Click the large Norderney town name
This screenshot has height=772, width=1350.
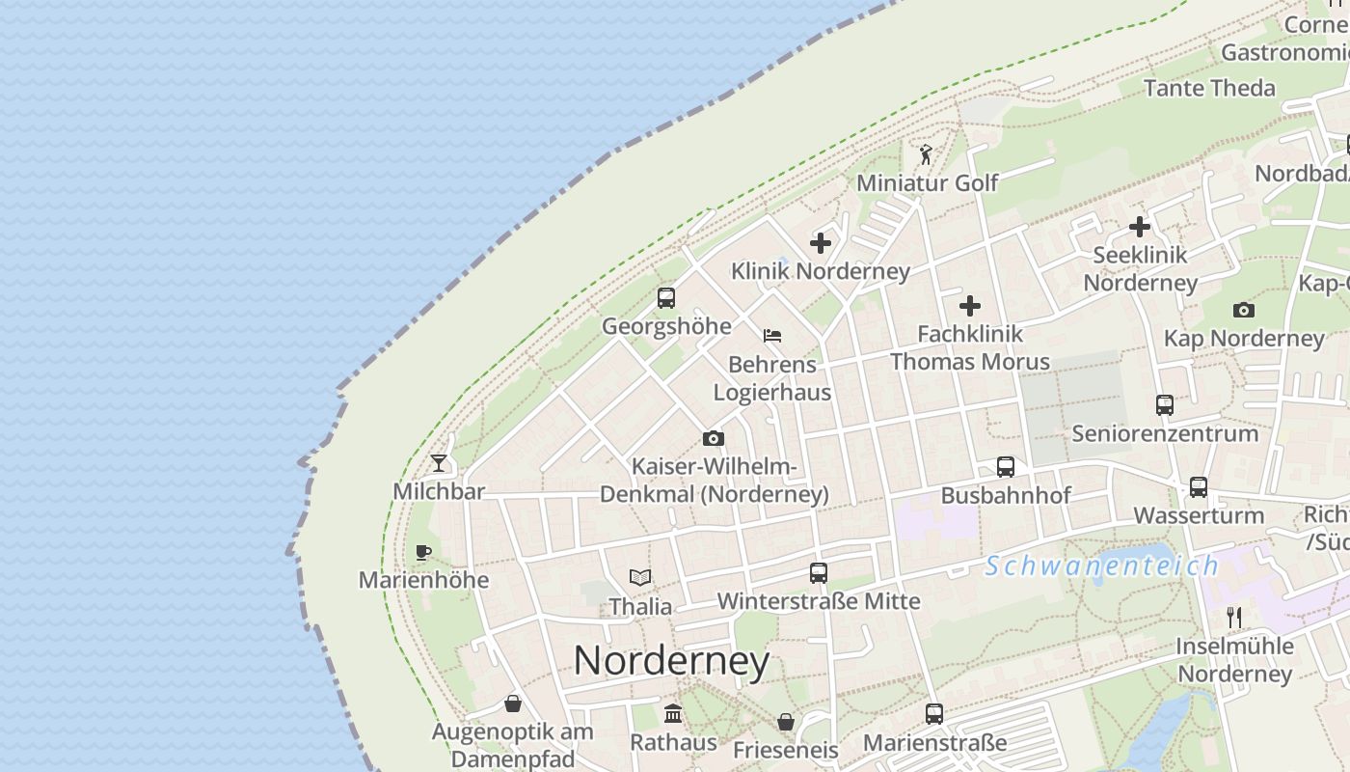coord(671,661)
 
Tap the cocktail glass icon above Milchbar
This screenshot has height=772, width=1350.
coord(439,463)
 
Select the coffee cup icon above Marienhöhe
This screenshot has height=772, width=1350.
coord(422,552)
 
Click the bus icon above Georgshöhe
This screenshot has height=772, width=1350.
coord(666,298)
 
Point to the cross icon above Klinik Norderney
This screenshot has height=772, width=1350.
coord(821,243)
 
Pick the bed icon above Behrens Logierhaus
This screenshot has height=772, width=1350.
coord(771,336)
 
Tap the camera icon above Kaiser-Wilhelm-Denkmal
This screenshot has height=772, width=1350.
coord(714,439)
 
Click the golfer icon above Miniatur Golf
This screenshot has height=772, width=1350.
coord(926,154)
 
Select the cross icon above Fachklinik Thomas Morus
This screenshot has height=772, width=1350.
coord(970,306)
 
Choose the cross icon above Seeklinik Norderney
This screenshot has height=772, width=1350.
coord(1140,227)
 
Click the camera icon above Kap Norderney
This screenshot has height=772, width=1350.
coord(1244,310)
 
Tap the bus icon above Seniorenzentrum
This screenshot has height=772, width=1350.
coord(1165,404)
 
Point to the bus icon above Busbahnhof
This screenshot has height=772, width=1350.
coord(1006,467)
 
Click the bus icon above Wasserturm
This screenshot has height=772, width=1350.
coord(1199,487)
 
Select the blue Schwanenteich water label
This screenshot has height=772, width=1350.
coord(1102,566)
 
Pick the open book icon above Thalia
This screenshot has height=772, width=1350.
coord(640,578)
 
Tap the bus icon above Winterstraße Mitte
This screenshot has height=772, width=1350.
coord(819,573)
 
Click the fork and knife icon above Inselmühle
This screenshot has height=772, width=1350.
coord(1234,617)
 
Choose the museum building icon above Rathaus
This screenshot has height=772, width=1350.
coord(673,714)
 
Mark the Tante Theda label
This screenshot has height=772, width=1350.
coord(1209,88)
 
